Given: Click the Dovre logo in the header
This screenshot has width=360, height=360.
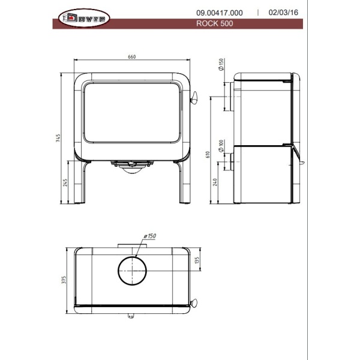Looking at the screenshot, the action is (84, 18).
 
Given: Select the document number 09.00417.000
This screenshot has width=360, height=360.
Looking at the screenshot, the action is (219, 13).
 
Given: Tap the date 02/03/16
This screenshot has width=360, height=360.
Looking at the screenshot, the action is (283, 13).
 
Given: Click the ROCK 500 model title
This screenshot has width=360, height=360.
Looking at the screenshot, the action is (214, 23).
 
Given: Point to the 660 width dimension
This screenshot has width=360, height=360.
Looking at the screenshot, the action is (132, 57).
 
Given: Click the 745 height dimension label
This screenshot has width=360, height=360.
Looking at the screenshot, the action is (58, 138).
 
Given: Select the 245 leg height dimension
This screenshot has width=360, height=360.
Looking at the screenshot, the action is (65, 182).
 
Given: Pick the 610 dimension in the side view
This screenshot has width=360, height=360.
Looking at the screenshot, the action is (208, 154).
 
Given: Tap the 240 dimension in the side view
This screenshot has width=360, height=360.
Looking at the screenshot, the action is (215, 182).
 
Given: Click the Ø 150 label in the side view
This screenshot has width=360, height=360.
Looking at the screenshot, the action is (221, 64).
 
